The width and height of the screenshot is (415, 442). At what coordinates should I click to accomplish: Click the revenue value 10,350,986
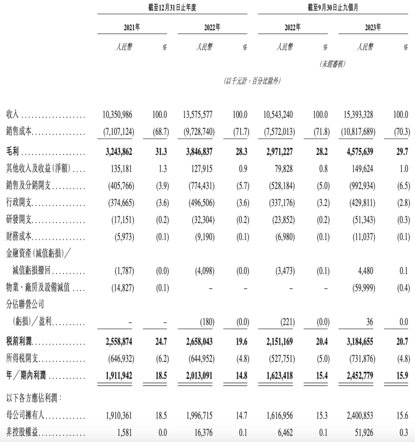(117, 115)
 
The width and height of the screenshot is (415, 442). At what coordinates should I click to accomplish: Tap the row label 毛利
(14, 151)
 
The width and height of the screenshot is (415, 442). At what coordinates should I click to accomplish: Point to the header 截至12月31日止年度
(172, 8)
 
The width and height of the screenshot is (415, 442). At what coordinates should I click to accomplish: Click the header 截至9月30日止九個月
(333, 8)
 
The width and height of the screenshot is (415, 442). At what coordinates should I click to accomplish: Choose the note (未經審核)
(333, 65)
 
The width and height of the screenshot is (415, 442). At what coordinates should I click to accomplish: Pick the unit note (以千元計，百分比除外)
(252, 81)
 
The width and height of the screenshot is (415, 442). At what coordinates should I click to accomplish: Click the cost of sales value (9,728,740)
(196, 132)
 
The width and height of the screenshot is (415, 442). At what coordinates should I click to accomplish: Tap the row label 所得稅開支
(22, 359)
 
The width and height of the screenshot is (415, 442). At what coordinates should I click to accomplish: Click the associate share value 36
(369, 322)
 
